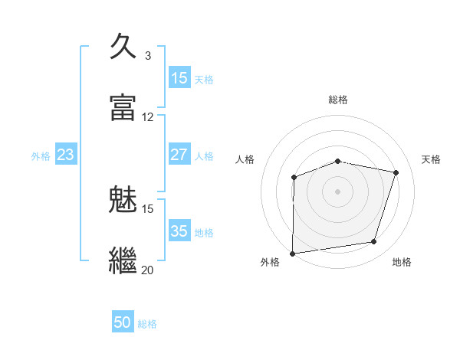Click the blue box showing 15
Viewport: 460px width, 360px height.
point(179,78)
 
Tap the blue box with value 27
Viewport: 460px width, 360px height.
point(179,155)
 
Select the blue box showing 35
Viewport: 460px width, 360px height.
point(179,231)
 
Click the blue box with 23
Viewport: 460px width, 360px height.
point(65,155)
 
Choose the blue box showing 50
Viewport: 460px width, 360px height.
point(123,323)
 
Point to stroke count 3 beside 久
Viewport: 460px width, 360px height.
point(147,56)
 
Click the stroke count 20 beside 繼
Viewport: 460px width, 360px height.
point(147,270)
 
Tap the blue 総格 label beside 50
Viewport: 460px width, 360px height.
point(147,324)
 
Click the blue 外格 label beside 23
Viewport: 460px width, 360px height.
point(41,155)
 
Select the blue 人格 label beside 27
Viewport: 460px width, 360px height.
point(204,155)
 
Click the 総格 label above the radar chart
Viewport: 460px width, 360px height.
point(337,100)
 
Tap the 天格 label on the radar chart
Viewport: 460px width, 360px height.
point(431,159)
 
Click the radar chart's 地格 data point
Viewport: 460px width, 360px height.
point(374,242)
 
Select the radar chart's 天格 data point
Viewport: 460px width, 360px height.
point(396,172)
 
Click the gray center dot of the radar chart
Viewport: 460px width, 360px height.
point(337,191)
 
